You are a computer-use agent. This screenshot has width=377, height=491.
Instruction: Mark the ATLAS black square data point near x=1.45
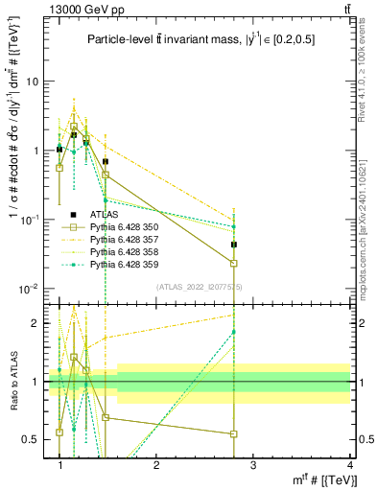106,162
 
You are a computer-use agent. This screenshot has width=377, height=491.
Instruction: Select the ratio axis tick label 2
38,323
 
